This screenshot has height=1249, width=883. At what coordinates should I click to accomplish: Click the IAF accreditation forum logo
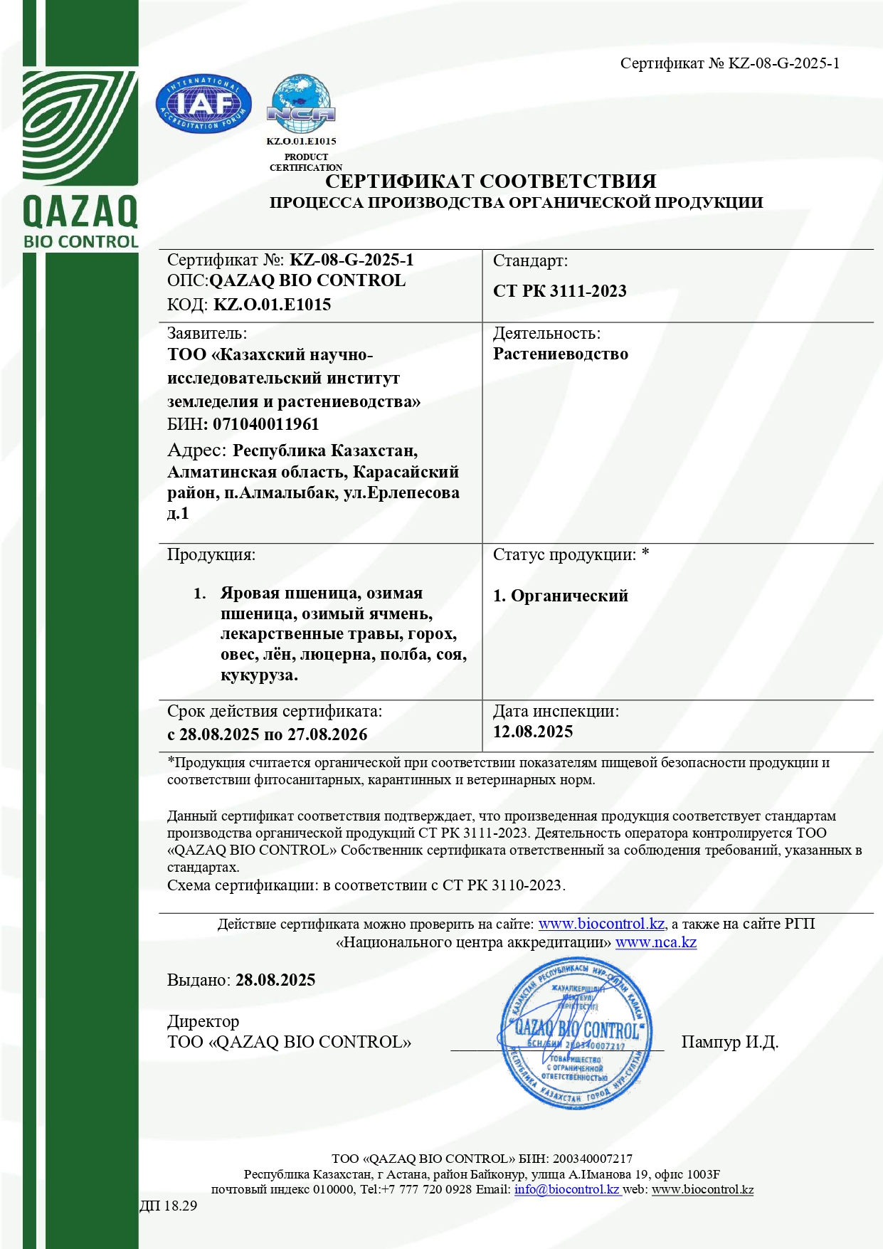[x=203, y=105]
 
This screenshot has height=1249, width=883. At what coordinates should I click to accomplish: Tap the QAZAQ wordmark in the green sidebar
[x=80, y=211]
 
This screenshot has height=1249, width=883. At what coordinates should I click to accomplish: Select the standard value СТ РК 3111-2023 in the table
[x=559, y=291]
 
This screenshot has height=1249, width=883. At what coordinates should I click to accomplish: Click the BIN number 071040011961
[x=265, y=424]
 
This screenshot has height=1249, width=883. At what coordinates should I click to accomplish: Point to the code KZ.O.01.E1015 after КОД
[x=272, y=305]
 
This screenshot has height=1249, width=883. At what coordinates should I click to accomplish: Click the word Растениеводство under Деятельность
[x=560, y=354]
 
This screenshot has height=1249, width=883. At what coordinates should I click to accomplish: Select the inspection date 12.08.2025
[x=532, y=732]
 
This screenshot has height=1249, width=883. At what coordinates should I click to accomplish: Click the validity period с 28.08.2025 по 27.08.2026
[x=267, y=734]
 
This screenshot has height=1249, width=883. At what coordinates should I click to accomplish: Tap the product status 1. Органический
[x=560, y=596]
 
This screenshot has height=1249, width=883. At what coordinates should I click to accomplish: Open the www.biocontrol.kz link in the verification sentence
[x=601, y=924]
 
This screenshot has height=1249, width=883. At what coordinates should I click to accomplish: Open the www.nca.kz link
[x=655, y=942]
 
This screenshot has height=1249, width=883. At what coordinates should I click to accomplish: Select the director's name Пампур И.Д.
[x=729, y=1042]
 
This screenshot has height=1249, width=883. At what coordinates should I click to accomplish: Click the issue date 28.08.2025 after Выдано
[x=275, y=980]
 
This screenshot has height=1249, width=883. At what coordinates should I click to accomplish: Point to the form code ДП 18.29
[x=168, y=1206]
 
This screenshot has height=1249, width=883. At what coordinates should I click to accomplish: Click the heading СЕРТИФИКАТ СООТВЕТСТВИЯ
[x=490, y=181]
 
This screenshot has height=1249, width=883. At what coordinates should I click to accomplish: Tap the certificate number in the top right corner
[x=729, y=63]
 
